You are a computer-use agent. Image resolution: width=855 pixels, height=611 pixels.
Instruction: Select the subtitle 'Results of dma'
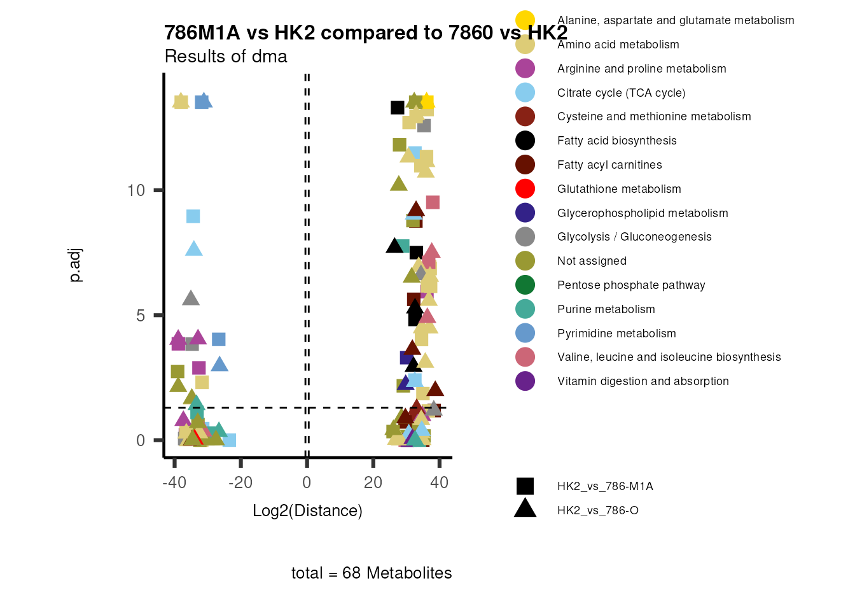pyautogui.click(x=226, y=57)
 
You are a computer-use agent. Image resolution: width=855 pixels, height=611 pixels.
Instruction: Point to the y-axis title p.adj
pyautogui.click(x=75, y=265)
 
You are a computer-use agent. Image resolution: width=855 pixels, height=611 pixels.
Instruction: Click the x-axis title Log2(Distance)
pyautogui.click(x=307, y=511)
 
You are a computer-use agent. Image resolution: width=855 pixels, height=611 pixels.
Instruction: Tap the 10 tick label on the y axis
pyautogui.click(x=136, y=190)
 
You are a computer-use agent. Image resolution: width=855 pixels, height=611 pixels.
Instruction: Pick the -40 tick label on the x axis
pyautogui.click(x=174, y=482)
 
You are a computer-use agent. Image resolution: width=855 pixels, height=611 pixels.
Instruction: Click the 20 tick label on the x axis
pyautogui.click(x=373, y=482)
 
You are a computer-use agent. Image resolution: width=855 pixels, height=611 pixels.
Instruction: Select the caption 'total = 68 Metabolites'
pyautogui.click(x=372, y=573)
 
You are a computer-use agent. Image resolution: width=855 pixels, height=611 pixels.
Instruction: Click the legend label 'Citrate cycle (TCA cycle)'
pyautogui.click(x=621, y=93)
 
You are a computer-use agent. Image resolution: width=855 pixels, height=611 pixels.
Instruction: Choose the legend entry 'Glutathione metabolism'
pyautogui.click(x=619, y=189)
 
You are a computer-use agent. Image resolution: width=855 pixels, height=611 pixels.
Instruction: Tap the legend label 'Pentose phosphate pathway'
pyautogui.click(x=631, y=285)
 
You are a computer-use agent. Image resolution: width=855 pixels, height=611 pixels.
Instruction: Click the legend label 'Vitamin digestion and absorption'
pyautogui.click(x=643, y=381)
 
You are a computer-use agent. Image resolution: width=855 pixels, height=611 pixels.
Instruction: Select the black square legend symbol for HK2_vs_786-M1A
pyautogui.click(x=525, y=486)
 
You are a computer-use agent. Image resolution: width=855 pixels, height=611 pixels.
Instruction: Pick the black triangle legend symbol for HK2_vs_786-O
pyautogui.click(x=525, y=509)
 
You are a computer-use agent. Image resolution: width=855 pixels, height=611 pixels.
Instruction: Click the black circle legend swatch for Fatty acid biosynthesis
pyautogui.click(x=525, y=141)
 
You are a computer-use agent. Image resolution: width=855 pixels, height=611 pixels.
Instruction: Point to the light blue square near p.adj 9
pyautogui.click(x=193, y=216)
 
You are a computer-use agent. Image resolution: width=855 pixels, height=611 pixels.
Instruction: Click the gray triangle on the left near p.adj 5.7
pyautogui.click(x=191, y=298)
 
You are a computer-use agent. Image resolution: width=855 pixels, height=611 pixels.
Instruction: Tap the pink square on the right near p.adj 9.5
pyautogui.click(x=433, y=202)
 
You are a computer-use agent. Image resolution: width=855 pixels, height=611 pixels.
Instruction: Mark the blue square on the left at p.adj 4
pyautogui.click(x=218, y=339)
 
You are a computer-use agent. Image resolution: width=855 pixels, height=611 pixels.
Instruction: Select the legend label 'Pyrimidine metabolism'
pyautogui.click(x=616, y=334)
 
